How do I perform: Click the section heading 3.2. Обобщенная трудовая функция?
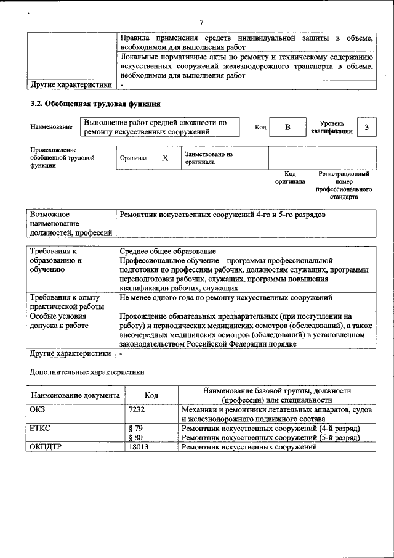tap(95, 104)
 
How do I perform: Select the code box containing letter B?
tap(287, 127)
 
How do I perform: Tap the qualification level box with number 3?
tap(366, 127)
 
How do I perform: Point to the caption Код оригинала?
tap(286, 178)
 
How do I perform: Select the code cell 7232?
tap(137, 409)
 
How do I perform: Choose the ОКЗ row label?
tap(38, 409)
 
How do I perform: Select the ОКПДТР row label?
tap(46, 447)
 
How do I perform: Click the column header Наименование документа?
tap(75, 395)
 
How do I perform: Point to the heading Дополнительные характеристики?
tap(87, 372)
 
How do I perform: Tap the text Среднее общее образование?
tap(168, 251)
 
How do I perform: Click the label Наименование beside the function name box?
tap(51, 127)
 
